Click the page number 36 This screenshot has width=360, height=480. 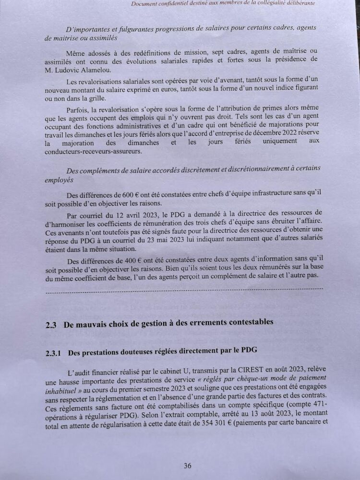pos(187,465)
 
